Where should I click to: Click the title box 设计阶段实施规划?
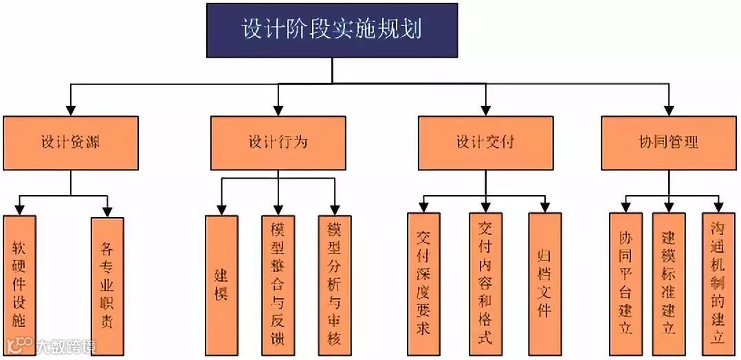click(x=332, y=30)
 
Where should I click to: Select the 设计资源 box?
click(x=71, y=142)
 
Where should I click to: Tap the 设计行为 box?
click(x=278, y=142)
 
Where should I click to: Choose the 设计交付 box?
click(x=485, y=142)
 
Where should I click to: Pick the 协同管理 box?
click(x=669, y=142)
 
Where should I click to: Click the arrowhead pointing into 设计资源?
click(x=71, y=109)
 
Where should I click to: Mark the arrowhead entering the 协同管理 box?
click(x=669, y=109)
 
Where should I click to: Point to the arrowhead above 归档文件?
click(x=544, y=207)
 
